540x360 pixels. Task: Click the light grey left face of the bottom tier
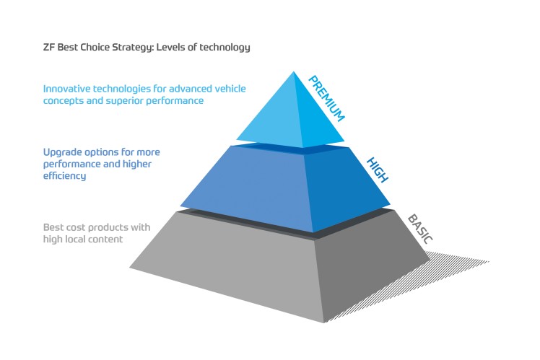pyautogui.click(x=231, y=267)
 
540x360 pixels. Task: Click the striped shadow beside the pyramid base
pyautogui.click(x=448, y=274)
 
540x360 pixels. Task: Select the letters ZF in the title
pyautogui.click(x=48, y=48)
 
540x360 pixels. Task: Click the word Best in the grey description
pyautogui.click(x=53, y=227)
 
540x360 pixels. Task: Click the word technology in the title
pyautogui.click(x=226, y=48)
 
